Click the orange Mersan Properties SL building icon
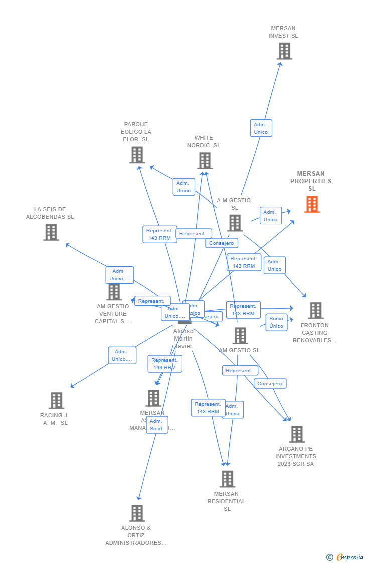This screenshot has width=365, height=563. (312, 204)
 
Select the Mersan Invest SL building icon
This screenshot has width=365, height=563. (284, 51)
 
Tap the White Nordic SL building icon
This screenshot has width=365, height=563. (205, 161)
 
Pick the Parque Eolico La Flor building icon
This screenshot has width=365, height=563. (137, 155)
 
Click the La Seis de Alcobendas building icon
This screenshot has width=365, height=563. (51, 232)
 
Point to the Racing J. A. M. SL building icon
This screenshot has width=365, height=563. (56, 400)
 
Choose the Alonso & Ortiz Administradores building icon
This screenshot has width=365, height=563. (137, 513)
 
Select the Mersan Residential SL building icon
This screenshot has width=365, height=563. (227, 479)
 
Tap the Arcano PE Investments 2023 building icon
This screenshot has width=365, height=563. (297, 434)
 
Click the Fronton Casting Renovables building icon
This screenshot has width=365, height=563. (315, 310)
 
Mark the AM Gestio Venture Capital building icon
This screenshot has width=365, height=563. (114, 292)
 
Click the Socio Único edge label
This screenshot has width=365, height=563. (276, 322)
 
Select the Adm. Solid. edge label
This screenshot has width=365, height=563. (157, 425)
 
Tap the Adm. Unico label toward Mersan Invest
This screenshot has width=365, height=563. (261, 128)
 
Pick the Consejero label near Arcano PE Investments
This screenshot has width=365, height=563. (270, 384)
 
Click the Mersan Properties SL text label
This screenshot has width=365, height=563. (311, 181)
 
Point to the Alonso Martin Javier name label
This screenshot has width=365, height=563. (183, 339)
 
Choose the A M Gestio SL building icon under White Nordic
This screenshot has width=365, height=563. (235, 223)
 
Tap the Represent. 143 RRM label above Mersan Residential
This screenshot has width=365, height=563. (208, 408)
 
